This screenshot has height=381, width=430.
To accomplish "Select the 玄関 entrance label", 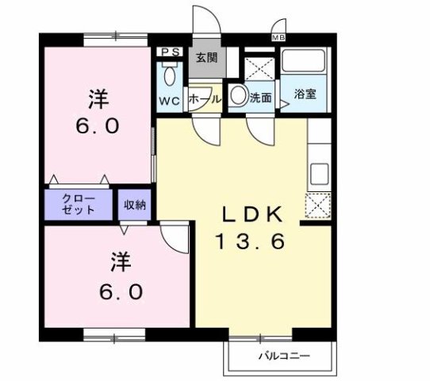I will click(208, 57).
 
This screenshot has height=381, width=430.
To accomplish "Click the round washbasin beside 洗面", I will click(238, 97).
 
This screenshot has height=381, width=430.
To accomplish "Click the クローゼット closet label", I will click(79, 204).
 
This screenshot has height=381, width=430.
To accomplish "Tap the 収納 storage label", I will click(134, 205).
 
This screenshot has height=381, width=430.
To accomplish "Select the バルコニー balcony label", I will click(282, 355).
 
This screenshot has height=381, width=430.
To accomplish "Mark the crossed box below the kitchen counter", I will click(317, 206).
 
